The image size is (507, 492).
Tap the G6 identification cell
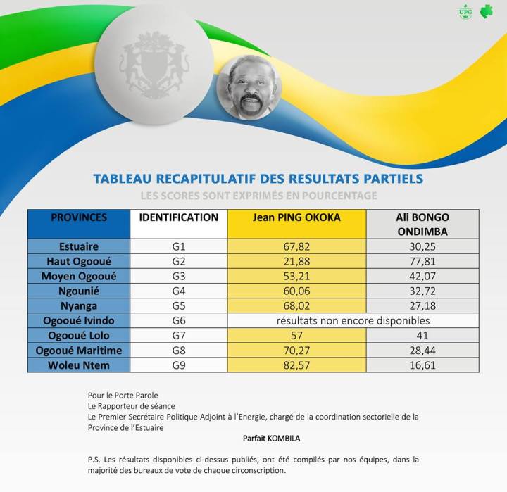178,320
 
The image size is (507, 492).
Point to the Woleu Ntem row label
79,365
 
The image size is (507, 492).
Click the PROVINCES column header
79,217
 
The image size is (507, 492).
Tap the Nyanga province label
79,305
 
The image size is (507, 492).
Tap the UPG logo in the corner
465,12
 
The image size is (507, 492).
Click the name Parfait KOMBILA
271,438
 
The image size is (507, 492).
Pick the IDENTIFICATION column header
178,217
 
